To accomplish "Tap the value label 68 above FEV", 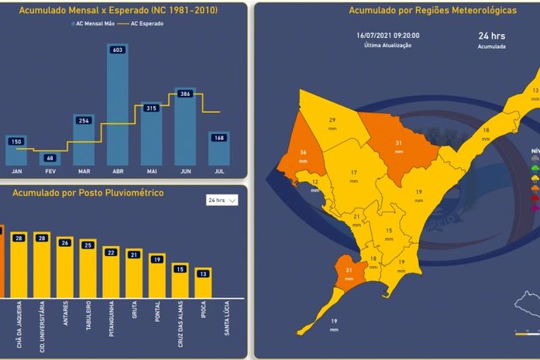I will click(50, 158).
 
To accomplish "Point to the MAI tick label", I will click(151, 171).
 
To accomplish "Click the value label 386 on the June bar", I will click(185, 93).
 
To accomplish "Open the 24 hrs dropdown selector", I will click(222, 200).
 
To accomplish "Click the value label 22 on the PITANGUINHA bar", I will click(111, 252).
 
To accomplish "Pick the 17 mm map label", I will click(353, 175).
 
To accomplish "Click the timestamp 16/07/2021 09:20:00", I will click(388, 36).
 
